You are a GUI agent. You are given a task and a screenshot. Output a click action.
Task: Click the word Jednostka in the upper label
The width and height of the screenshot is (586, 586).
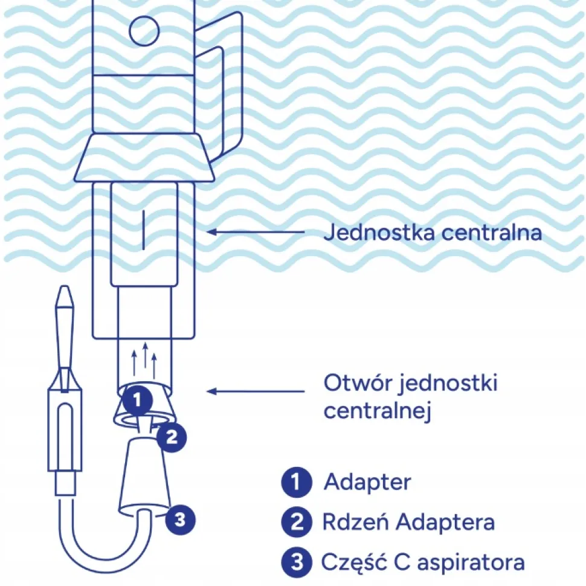[x=379, y=232]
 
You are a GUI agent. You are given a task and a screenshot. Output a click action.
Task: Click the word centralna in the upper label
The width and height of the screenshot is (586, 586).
[x=492, y=233]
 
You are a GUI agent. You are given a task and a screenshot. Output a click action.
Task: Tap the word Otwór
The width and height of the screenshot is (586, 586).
[x=356, y=382]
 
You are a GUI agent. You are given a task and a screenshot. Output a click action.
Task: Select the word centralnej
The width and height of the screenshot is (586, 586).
[x=378, y=411]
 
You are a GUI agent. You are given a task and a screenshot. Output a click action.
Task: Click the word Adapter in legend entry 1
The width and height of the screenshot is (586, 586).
[x=368, y=482]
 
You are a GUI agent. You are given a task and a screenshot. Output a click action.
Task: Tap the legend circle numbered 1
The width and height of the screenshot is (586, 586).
[x=297, y=482]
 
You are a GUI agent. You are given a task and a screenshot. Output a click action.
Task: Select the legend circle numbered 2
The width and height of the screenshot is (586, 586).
[x=297, y=522]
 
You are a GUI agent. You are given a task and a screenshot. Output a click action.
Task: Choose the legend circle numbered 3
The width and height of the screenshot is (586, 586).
[x=297, y=562]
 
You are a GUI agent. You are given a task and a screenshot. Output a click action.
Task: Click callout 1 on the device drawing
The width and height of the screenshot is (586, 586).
[x=138, y=401]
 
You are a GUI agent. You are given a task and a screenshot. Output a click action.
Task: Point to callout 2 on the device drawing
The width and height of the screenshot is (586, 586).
[x=172, y=437]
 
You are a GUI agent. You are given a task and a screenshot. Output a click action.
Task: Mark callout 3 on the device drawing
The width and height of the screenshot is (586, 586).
[x=181, y=520]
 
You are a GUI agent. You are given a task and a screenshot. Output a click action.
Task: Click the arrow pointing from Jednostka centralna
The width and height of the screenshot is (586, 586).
[x=256, y=232]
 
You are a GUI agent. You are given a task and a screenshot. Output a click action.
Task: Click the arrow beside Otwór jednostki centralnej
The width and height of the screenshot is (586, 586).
[x=256, y=391]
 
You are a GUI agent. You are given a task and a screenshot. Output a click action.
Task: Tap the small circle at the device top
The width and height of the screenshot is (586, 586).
[x=144, y=31]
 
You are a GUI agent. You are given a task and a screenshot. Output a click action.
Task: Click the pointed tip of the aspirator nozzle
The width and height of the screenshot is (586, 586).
[x=65, y=287]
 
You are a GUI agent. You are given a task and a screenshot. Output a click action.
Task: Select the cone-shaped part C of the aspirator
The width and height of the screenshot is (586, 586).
[x=144, y=475]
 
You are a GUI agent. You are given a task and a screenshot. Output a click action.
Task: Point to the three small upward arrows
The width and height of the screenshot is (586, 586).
[x=144, y=359]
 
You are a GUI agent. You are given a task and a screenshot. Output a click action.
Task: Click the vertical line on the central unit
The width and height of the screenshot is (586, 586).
[x=144, y=230]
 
